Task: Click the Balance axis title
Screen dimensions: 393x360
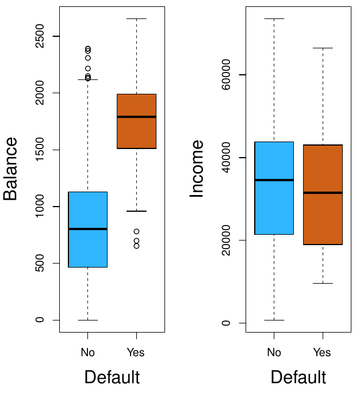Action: tap(10, 169)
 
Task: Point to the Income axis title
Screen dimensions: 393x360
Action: tap(197, 169)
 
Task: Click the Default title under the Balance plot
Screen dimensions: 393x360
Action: tap(112, 377)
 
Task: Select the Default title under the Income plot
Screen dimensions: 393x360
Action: tap(298, 377)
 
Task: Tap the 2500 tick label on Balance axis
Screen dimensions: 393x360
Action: tap(39, 36)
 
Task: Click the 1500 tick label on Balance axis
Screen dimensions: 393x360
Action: tap(39, 150)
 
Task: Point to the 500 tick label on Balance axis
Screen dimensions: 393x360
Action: tap(39, 264)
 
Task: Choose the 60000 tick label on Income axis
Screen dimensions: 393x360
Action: tap(225, 75)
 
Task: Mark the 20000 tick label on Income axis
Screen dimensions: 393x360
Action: tap(225, 240)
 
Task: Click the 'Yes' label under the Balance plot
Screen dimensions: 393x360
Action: tap(136, 352)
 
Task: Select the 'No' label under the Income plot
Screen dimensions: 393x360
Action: tap(274, 352)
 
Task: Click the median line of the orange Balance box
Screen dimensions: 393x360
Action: tap(136, 117)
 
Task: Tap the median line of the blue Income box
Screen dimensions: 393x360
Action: tap(274, 180)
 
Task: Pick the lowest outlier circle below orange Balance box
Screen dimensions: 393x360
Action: tap(136, 246)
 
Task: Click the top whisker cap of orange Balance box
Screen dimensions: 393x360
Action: tap(136, 19)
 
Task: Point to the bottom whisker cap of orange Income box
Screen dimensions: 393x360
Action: tap(323, 283)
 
